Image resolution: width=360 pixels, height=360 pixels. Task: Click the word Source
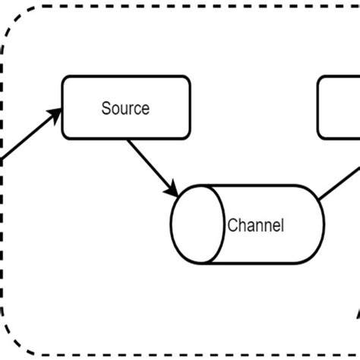(125, 108)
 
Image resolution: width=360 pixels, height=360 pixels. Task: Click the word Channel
(255, 226)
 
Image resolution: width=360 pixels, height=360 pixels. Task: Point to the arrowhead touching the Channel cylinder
(173, 188)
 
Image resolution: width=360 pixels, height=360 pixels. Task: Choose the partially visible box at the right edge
(339, 107)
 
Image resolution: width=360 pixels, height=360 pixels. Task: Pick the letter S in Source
(106, 108)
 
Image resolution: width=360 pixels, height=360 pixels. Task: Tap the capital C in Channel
(232, 226)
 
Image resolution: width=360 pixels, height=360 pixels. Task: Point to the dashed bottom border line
(182, 354)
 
